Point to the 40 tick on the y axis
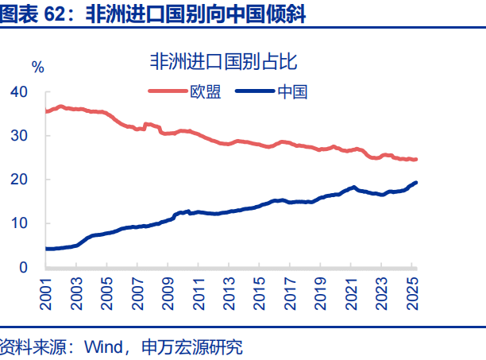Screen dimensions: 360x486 (19, 92)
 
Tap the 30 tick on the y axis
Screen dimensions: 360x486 (19, 136)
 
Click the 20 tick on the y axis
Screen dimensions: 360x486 (19, 180)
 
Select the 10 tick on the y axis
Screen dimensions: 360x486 (19, 223)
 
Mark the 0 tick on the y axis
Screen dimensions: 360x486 (24, 268)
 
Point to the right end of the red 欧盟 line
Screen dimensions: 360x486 (417, 159)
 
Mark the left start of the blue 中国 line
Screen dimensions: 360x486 (45, 249)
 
